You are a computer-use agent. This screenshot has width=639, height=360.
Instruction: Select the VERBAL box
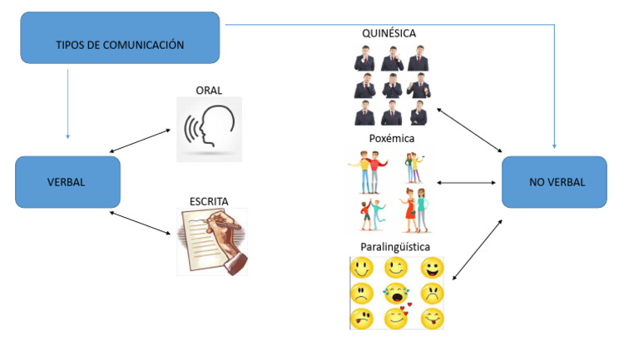coord(67,182)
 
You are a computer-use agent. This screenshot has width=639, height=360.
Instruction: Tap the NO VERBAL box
coord(554,182)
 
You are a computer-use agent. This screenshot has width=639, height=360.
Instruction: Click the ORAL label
coord(209,89)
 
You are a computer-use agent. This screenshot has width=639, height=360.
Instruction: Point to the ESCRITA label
coord(209,200)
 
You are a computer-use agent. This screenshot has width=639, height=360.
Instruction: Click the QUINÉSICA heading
coord(389,33)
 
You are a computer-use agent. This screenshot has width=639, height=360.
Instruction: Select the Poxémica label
coord(391,139)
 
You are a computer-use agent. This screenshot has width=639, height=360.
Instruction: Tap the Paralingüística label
coord(396,247)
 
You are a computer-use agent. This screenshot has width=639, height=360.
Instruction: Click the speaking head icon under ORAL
coord(209,128)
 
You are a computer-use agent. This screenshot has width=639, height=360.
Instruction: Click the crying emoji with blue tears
coord(396,293)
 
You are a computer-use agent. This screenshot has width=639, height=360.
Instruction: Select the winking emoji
coord(396,268)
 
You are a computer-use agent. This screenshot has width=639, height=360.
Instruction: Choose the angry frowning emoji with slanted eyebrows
coord(432,293)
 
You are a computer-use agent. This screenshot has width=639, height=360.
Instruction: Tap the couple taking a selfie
coord(414,166)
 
